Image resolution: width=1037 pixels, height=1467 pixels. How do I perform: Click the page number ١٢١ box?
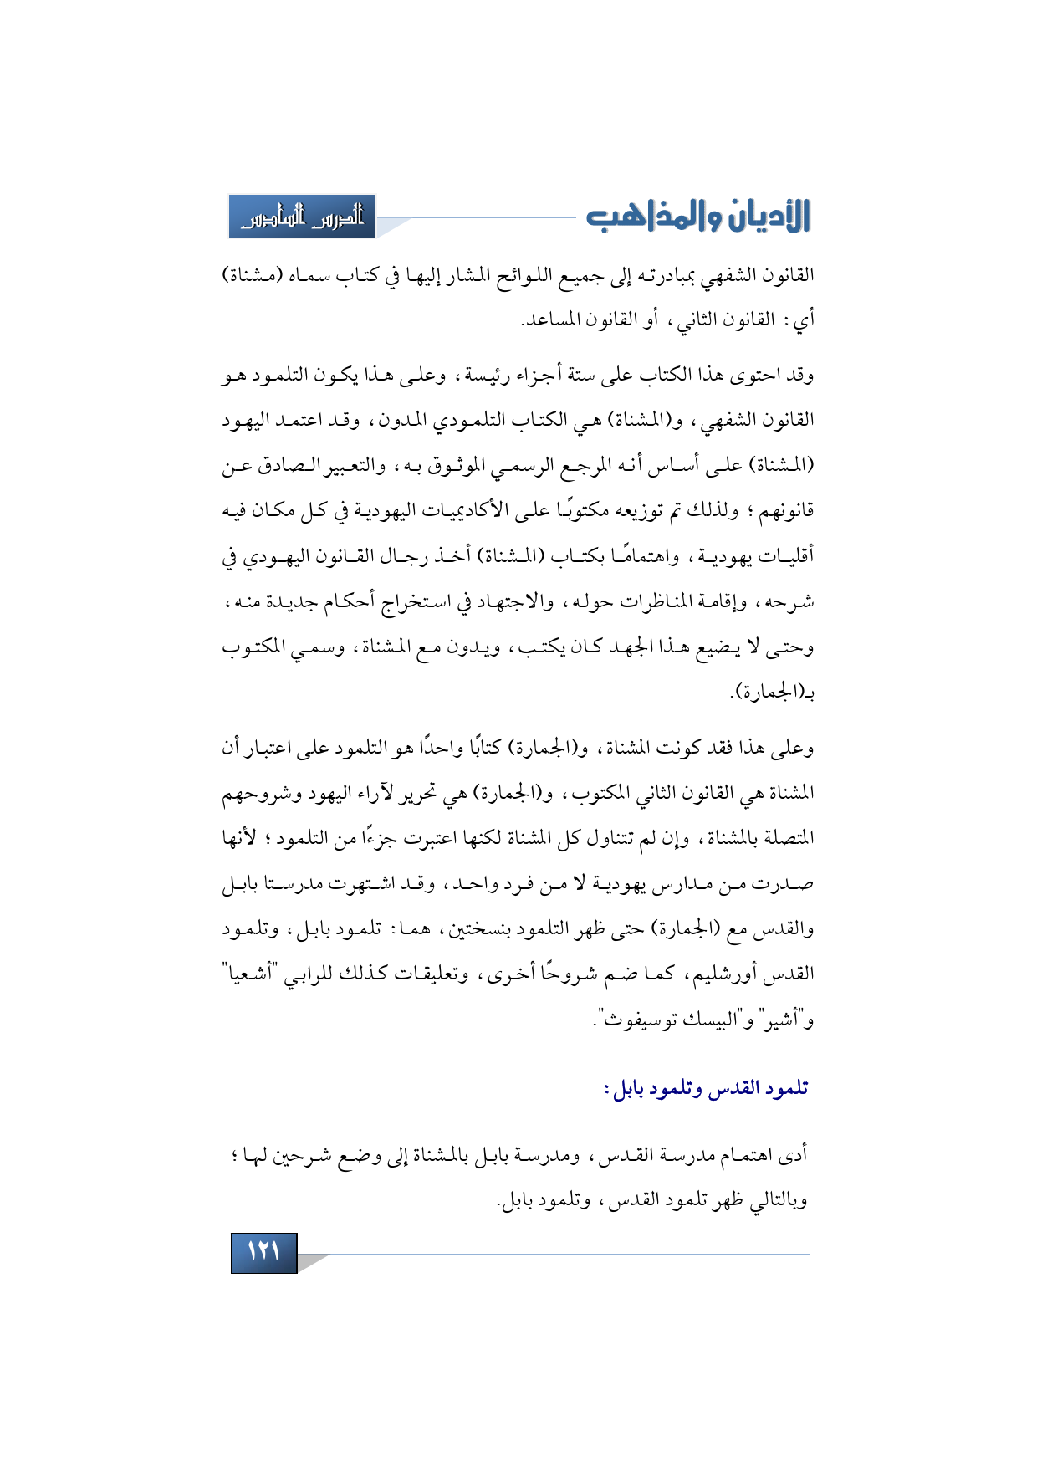point(263,1252)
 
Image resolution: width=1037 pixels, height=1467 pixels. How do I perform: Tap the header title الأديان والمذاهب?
point(698,216)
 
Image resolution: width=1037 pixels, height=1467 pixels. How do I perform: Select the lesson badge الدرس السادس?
point(302,217)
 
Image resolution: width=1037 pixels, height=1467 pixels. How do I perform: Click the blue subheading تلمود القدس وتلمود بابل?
point(706,1089)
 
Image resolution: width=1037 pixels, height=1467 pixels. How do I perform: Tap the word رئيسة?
point(487,375)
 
